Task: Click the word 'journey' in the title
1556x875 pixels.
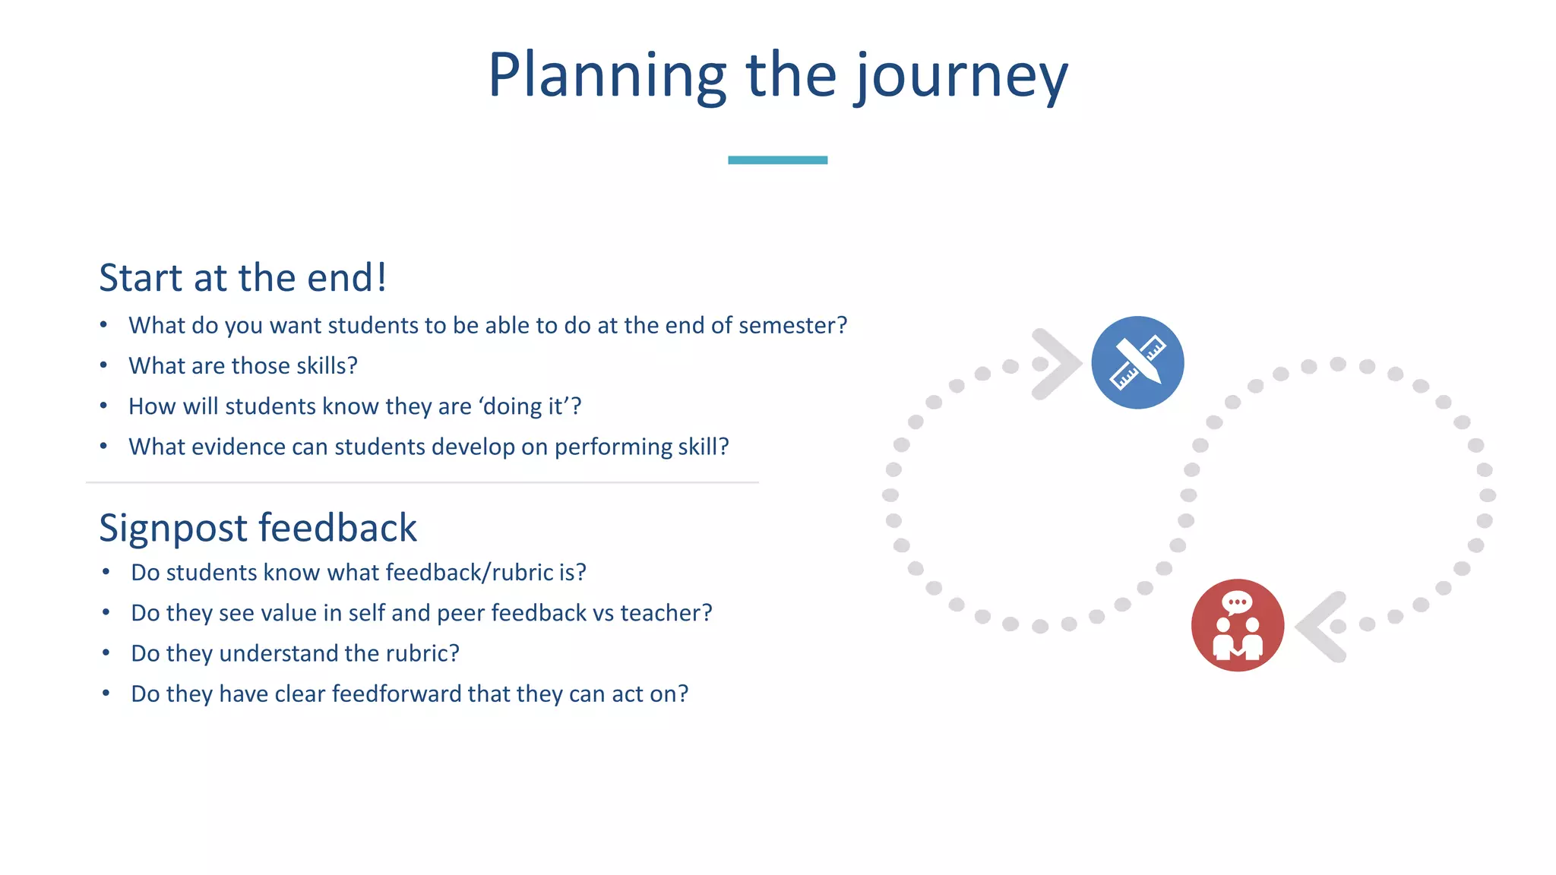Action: click(962, 76)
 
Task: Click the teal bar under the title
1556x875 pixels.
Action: click(777, 160)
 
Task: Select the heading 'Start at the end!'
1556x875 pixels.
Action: click(243, 278)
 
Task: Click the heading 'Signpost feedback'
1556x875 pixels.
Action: click(258, 528)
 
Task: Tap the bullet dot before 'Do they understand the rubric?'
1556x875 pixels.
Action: click(106, 653)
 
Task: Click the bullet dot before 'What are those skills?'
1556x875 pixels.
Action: click(104, 365)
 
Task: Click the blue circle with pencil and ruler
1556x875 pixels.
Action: click(1137, 363)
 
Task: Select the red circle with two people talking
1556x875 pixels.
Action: click(1238, 625)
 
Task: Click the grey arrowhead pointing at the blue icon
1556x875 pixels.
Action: click(1057, 364)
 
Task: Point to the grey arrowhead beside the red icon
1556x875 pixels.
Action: click(1322, 627)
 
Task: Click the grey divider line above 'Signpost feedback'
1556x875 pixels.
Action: click(422, 482)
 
